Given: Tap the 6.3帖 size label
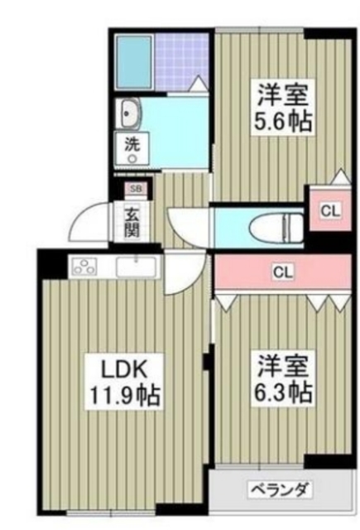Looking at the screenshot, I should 282,391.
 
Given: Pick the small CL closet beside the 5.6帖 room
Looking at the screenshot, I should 329,210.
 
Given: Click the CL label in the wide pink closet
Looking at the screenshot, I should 283,272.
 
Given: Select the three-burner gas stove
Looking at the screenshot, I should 85,267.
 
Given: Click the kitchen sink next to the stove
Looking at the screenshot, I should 137,267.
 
